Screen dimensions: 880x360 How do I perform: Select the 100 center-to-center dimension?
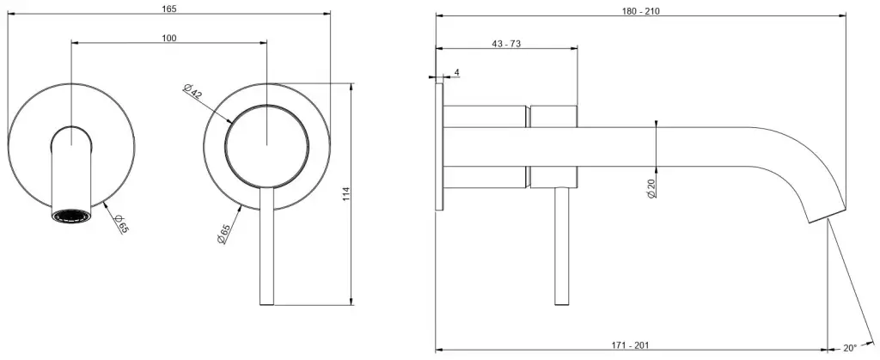(x=169, y=38)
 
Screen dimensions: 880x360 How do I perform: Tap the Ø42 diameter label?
(x=192, y=91)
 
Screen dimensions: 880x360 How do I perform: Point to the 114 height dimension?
(x=345, y=194)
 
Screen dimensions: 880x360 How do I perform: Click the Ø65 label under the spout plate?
(x=120, y=223)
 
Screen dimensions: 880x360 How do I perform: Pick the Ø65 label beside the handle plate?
(x=223, y=234)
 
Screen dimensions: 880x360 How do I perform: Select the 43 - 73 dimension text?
(x=506, y=45)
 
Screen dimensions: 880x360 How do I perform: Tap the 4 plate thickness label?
(x=457, y=72)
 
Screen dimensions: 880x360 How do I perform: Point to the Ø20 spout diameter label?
(x=651, y=188)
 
